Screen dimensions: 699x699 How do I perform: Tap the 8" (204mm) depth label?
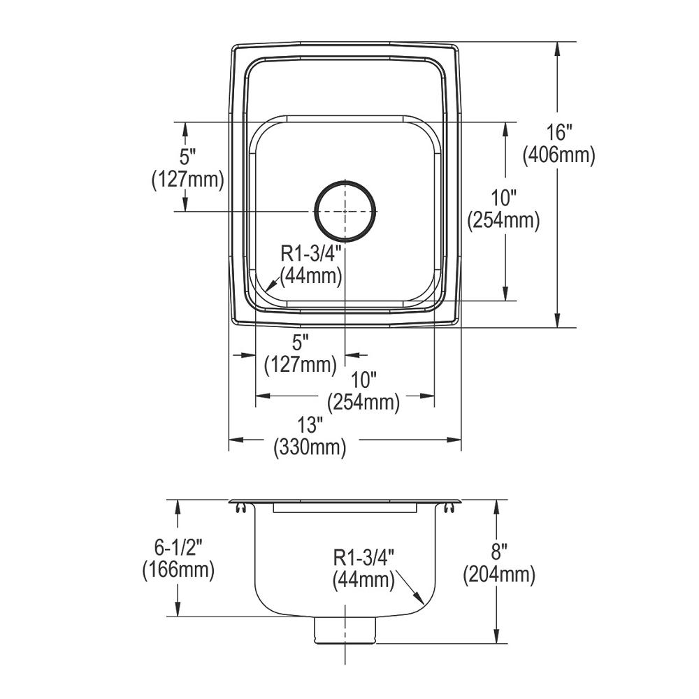pyautogui.click(x=498, y=564)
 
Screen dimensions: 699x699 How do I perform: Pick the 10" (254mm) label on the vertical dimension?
pyautogui.click(x=503, y=210)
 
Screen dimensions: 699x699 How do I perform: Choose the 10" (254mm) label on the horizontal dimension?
pyautogui.click(x=363, y=391)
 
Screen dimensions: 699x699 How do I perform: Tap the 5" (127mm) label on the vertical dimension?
pyautogui.click(x=187, y=168)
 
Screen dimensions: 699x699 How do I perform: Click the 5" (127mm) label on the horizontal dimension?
pyautogui.click(x=300, y=354)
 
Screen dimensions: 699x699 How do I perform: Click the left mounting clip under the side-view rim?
pyautogui.click(x=240, y=508)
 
